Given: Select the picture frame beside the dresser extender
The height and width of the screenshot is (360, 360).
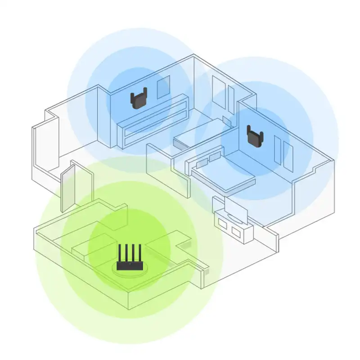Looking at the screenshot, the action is pos(163,87).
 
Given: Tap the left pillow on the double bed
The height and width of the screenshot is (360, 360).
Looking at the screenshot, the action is pos(202,161).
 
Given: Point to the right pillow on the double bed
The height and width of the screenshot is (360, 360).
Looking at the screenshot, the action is pos(215,156).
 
